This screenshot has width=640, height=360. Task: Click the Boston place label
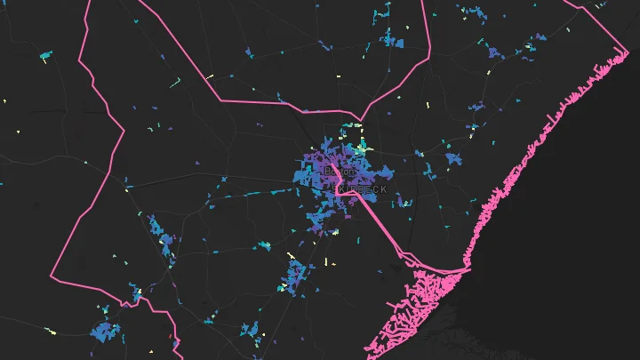pos(340,171)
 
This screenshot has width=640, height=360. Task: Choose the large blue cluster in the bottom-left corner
pos(105,332)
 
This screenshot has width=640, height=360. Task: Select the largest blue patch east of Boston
pos(456,160)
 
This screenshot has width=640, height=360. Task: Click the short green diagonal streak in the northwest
pos(176,84)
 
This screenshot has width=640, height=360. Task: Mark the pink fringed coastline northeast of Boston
pos(542,133)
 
